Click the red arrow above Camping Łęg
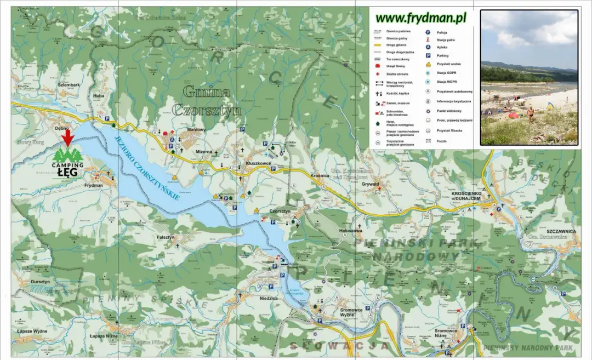click(67, 138)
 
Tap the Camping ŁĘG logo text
click(67, 170)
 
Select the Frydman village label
click(94, 186)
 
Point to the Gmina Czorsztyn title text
click(207, 100)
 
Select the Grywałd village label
click(371, 184)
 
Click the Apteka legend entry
click(442, 47)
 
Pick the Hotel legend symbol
click(379, 124)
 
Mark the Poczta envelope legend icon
click(428, 141)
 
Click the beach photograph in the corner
click(529, 77)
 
